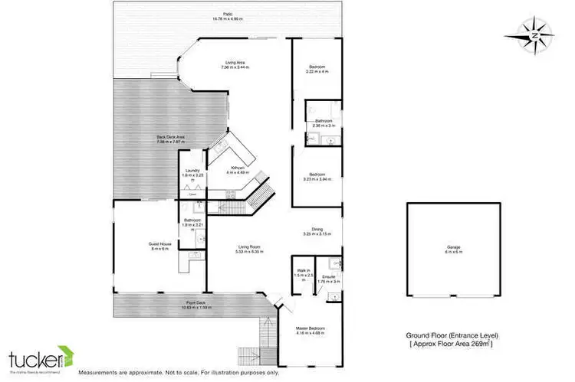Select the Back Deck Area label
coord(171,139)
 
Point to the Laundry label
coord(192,175)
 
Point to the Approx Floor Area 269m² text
coord(451,346)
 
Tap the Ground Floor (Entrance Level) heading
coord(450,335)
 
